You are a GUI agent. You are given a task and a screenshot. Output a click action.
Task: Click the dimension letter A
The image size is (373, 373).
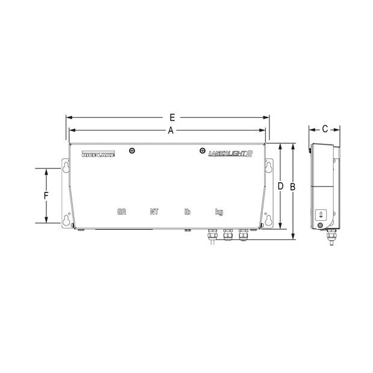[170, 130]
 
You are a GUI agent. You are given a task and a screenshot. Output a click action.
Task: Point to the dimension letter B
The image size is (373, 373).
[292, 187]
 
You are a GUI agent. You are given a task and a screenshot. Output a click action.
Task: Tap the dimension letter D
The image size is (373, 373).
[280, 187]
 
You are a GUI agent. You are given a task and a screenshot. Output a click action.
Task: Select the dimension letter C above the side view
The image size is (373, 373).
[325, 129]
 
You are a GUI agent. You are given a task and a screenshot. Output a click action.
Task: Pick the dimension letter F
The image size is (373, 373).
[46, 196]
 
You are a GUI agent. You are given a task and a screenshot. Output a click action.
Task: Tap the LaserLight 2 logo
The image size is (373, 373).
[229, 154]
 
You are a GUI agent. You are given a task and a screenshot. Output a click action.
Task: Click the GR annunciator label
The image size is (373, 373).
[122, 212]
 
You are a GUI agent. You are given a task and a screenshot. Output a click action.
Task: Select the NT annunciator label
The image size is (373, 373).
[154, 212]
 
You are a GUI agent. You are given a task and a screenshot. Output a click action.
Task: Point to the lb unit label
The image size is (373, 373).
[187, 212]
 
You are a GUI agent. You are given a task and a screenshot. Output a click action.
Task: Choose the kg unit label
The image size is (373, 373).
[220, 212]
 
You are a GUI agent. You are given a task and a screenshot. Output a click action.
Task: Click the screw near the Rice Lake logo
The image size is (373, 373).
[132, 150]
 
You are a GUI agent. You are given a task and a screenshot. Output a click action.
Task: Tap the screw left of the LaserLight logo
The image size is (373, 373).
[201, 150]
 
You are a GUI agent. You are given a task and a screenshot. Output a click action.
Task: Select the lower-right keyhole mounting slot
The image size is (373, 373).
[269, 219]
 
